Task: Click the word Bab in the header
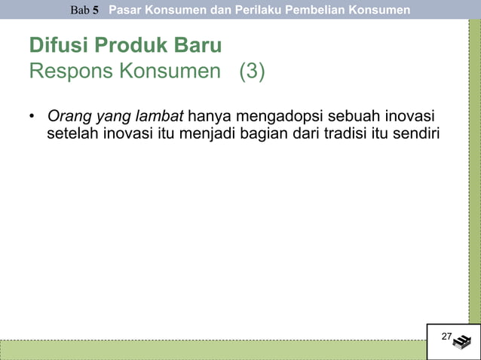pos(80,11)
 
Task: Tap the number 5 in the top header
pos(96,11)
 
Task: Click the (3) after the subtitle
pos(252,73)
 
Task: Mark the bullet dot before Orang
pos(32,117)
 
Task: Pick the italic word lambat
pos(160,117)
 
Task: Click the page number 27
pos(446,336)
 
